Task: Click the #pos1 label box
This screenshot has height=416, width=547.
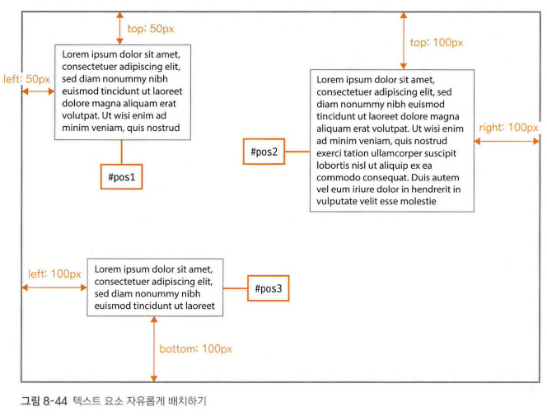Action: coord(121,177)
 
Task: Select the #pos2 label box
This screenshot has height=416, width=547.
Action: coord(264,152)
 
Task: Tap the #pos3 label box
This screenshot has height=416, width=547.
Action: coord(268,289)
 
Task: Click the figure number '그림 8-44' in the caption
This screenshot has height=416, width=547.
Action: coord(43,401)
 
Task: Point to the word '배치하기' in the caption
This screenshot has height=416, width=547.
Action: coord(188,401)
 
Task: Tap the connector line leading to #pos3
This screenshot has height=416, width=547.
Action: coord(236,289)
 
